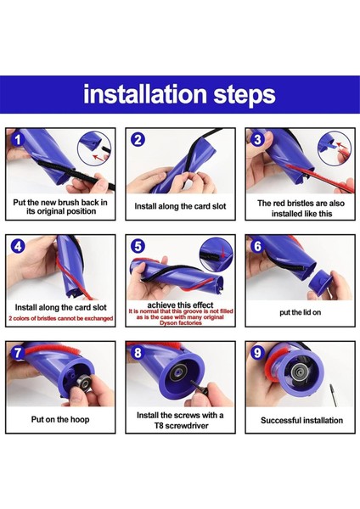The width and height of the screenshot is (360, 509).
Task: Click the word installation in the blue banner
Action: (x=145, y=94)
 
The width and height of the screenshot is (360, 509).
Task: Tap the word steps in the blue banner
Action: (x=245, y=95)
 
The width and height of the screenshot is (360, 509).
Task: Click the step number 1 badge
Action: (x=18, y=140)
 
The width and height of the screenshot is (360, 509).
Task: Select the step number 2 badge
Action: (x=138, y=140)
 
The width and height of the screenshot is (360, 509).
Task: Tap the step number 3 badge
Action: (x=257, y=140)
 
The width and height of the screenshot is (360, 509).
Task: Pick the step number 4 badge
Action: (x=18, y=246)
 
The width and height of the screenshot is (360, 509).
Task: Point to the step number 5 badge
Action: (x=138, y=246)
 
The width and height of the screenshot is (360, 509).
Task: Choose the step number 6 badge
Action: (x=257, y=246)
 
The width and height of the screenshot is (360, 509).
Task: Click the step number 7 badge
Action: (x=18, y=353)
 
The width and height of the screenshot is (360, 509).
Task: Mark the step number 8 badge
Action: (x=138, y=353)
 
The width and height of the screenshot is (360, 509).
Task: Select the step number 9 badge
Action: (x=257, y=353)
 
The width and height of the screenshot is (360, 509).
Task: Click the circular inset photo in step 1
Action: (x=94, y=148)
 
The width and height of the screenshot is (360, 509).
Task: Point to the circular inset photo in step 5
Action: (x=216, y=255)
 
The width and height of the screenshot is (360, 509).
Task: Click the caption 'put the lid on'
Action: (x=301, y=312)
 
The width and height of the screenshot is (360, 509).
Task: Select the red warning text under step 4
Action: (x=61, y=318)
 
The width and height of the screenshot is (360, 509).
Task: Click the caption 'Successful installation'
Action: (x=301, y=421)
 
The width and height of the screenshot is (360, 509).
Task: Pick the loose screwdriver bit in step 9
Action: (x=333, y=394)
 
